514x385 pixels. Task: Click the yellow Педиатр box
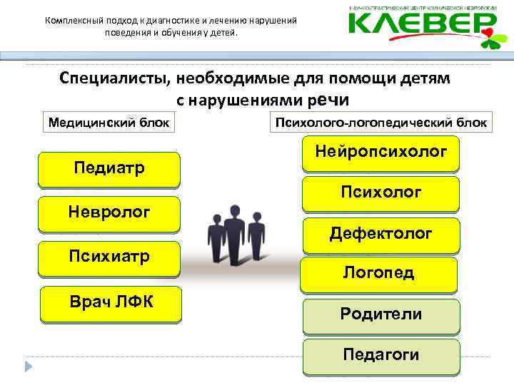pyautogui.click(x=109, y=169)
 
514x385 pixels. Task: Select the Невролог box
pyautogui.click(x=109, y=212)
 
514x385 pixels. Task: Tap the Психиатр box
pyautogui.click(x=109, y=257)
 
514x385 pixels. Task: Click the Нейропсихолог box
pyautogui.click(x=381, y=152)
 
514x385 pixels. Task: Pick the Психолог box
pyautogui.click(x=381, y=193)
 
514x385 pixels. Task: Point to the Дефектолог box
pyautogui.click(x=381, y=234)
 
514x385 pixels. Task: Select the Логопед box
pyautogui.click(x=378, y=274)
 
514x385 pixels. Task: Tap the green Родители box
pyautogui.click(x=381, y=315)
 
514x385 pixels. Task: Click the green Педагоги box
pyautogui.click(x=381, y=356)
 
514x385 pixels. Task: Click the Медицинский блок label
pyautogui.click(x=109, y=123)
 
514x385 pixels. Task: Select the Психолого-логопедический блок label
pyautogui.click(x=381, y=123)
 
